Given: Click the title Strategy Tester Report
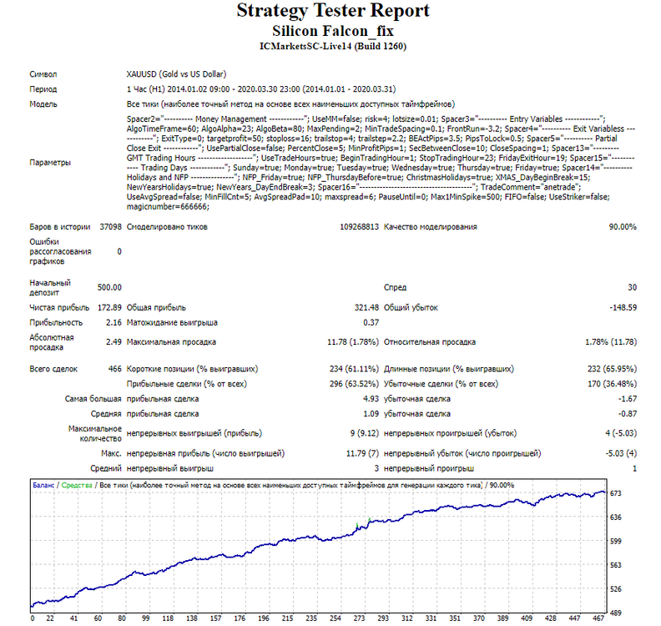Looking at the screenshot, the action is coord(333,11).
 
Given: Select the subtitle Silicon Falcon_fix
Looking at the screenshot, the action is coord(333,31).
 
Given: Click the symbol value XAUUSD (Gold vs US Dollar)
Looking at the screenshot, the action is coord(176,74).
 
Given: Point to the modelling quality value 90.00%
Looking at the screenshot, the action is coord(623,227).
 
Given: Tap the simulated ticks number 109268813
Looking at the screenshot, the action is coord(359,227).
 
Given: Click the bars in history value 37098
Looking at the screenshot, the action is coord(110,227).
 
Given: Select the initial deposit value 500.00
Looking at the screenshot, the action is coord(109,287).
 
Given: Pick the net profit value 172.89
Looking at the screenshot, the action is coord(109,308).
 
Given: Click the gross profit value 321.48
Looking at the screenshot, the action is coord(366,308).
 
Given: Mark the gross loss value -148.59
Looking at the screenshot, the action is coord(623,308).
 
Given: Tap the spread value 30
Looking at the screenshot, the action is coord(633,287).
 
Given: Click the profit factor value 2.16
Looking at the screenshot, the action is coord(114,322).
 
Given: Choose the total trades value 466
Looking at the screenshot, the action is coord(114,369).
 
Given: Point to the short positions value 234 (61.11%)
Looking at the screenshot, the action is coord(354,369).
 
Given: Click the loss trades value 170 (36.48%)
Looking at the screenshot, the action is coord(612,384).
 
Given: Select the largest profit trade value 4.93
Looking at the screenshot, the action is coord(371,399).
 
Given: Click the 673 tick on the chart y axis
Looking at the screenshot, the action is coord(615,493).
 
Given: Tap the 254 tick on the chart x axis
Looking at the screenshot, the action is coord(336,618).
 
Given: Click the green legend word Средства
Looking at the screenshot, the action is coord(77,485).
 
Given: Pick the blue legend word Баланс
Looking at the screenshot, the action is coord(43,485).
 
